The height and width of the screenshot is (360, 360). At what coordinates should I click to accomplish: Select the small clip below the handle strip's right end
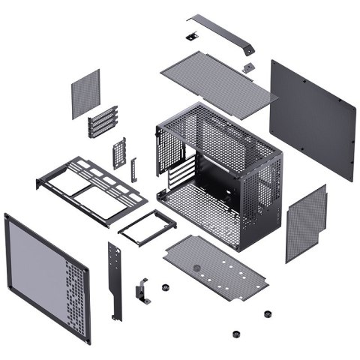coord(246,67)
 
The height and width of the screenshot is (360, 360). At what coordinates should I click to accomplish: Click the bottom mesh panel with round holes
coord(225,266)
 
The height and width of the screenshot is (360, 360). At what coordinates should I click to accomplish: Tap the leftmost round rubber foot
coord(164,287)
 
